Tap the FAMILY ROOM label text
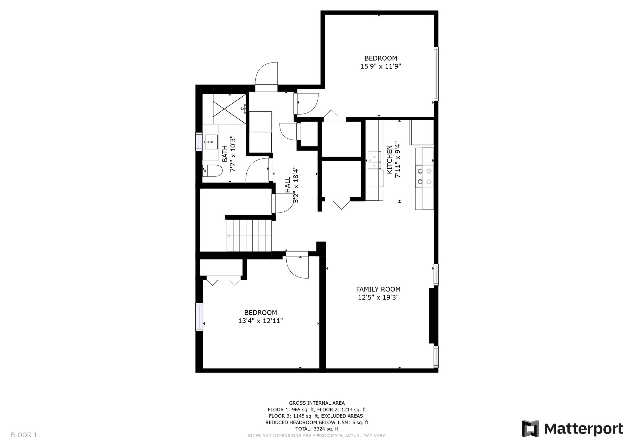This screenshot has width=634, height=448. click(378, 289)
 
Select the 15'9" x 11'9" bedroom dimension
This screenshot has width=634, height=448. click(381, 66)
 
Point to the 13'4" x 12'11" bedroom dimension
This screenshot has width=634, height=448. click(261, 321)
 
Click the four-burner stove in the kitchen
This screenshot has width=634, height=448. click(424, 176)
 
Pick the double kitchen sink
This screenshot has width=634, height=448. click(374, 161)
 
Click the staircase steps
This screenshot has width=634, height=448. click(249, 235)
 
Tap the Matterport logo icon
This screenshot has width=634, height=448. click(531, 429)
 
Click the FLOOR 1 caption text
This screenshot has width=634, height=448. click(24, 435)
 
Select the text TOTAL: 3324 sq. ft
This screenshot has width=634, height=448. click(317, 429)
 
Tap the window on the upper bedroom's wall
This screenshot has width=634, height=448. click(436, 74)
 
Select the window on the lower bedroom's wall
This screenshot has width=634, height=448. click(199, 317)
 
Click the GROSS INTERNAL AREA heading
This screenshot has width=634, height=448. click(317, 403)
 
